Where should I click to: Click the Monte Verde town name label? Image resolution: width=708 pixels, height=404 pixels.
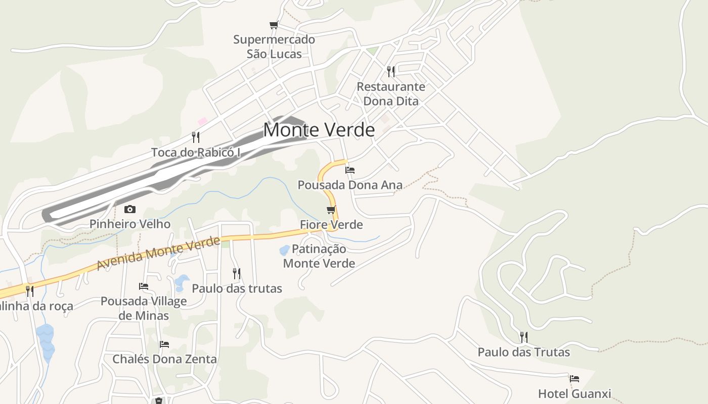(x=319, y=130)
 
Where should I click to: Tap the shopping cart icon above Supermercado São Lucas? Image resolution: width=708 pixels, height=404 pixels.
(x=274, y=25)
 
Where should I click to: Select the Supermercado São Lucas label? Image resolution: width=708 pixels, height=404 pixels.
(x=274, y=46)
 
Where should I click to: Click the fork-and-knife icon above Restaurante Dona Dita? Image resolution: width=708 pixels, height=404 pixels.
(x=390, y=71)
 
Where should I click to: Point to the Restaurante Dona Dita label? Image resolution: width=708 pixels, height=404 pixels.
(x=391, y=94)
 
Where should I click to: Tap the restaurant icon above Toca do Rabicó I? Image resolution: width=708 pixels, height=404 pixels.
(x=196, y=137)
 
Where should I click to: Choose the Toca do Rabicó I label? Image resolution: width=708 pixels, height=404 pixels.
(x=196, y=152)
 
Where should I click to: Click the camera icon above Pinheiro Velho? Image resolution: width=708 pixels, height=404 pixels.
(x=130, y=209)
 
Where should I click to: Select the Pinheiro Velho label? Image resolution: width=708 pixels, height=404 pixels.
(x=130, y=224)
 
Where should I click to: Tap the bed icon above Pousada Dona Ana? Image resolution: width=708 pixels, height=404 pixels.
(x=349, y=170)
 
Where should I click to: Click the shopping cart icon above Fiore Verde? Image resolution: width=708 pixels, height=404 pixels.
(x=331, y=210)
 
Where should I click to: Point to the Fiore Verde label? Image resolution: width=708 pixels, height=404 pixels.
(x=331, y=224)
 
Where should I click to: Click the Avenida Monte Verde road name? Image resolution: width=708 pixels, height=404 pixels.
(x=158, y=253)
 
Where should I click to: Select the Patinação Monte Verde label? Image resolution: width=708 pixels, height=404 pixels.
(x=319, y=256)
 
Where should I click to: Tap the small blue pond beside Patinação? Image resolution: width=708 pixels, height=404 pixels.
(x=285, y=249)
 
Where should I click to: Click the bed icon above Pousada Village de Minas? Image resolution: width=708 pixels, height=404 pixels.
(x=144, y=286)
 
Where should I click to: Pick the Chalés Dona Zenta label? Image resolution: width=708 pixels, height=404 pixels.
(x=164, y=359)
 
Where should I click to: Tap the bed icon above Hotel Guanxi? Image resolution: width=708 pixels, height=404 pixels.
(x=574, y=378)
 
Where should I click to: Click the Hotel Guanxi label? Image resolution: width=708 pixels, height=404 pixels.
(x=574, y=393)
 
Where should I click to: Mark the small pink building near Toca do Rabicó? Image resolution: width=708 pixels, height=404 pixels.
(x=202, y=121)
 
